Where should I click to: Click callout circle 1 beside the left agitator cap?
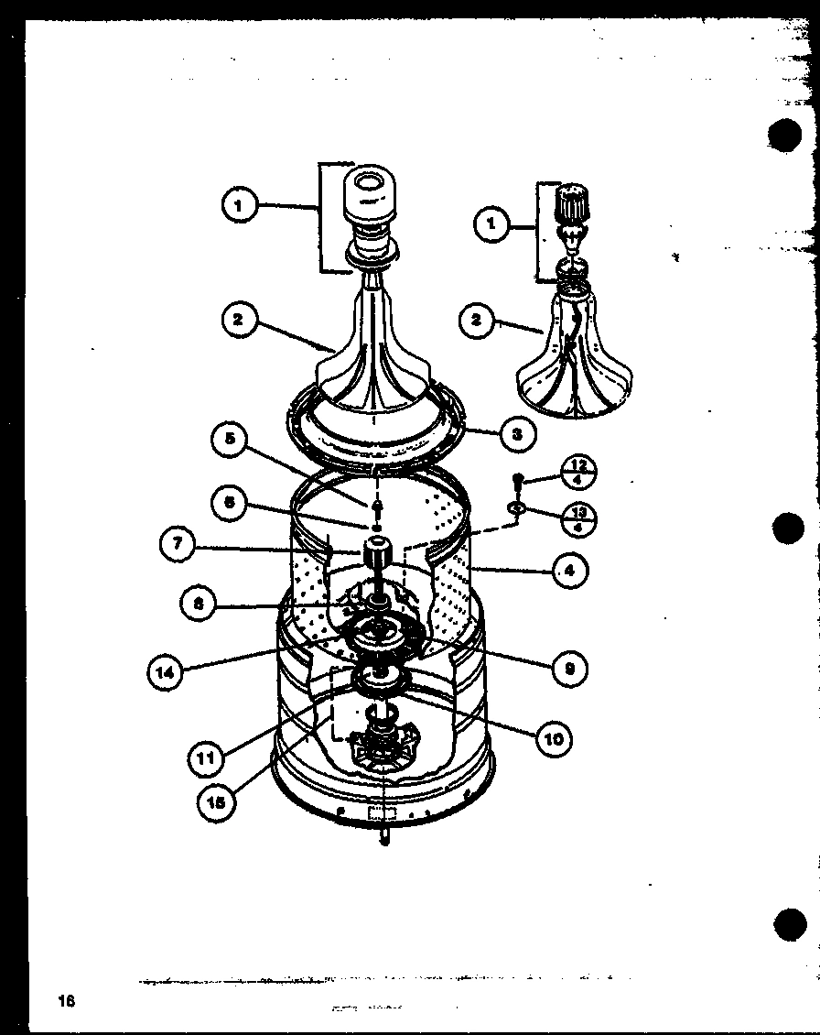[238, 206]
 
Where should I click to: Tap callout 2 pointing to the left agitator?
[238, 320]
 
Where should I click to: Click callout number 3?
[517, 434]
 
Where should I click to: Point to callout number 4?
[570, 571]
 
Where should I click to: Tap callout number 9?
[570, 668]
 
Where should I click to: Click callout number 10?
[554, 737]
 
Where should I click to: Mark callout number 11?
[207, 757]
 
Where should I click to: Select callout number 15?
[216, 801]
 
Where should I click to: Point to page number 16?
[65, 1000]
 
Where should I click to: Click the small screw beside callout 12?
[518, 479]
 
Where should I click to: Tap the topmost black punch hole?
[784, 135]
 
